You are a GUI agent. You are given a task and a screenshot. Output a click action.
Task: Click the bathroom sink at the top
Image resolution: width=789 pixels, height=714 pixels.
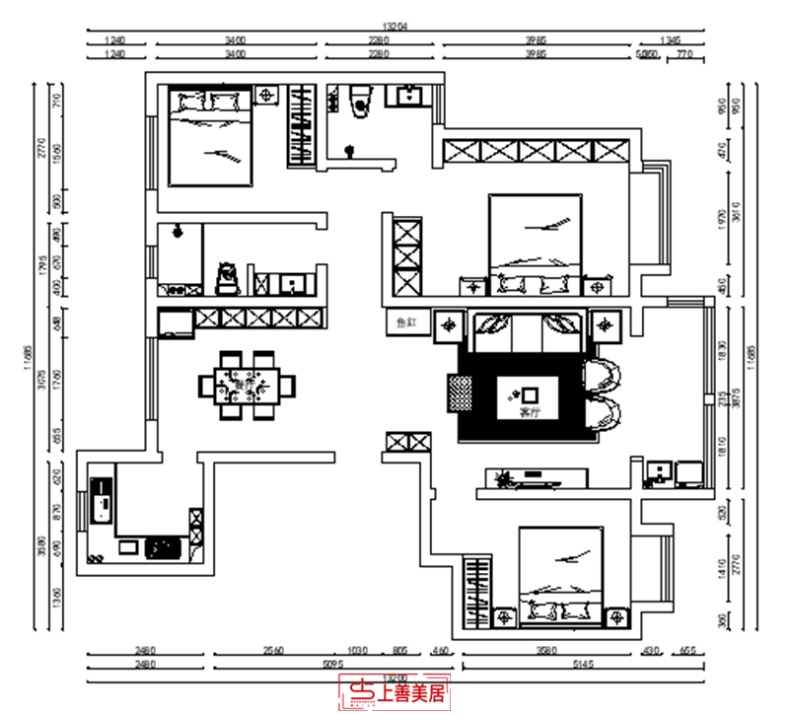[x=407, y=97]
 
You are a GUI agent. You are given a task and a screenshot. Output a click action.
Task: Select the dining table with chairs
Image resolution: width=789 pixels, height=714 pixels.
[x=247, y=385]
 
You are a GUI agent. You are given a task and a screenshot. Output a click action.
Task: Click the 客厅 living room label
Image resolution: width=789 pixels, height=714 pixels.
[x=531, y=410]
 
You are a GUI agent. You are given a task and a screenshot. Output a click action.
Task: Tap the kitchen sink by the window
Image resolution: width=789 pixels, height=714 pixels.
[x=100, y=500]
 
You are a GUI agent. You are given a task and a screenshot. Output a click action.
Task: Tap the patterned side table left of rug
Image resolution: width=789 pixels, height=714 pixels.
[x=461, y=396]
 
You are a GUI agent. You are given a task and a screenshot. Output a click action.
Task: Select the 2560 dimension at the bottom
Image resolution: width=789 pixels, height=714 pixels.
[x=275, y=651]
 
